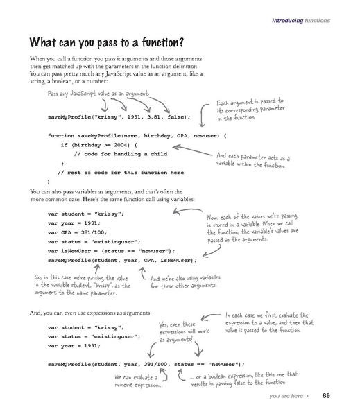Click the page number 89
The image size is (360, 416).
(x=326, y=396)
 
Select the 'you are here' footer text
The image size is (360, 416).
(x=286, y=397)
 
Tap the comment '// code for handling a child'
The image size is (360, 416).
(x=116, y=153)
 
